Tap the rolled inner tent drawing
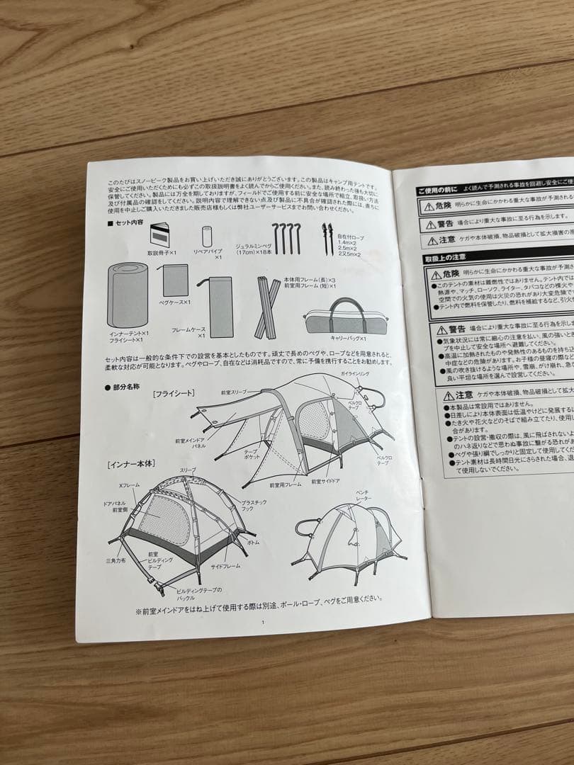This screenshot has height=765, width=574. tap(128, 295)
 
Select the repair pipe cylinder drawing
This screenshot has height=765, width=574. tap(207, 237)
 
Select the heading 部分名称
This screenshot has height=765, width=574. tap(125, 388)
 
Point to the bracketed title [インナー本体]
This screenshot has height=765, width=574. tap(132, 464)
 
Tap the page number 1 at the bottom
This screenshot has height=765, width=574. tap(262, 623)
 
